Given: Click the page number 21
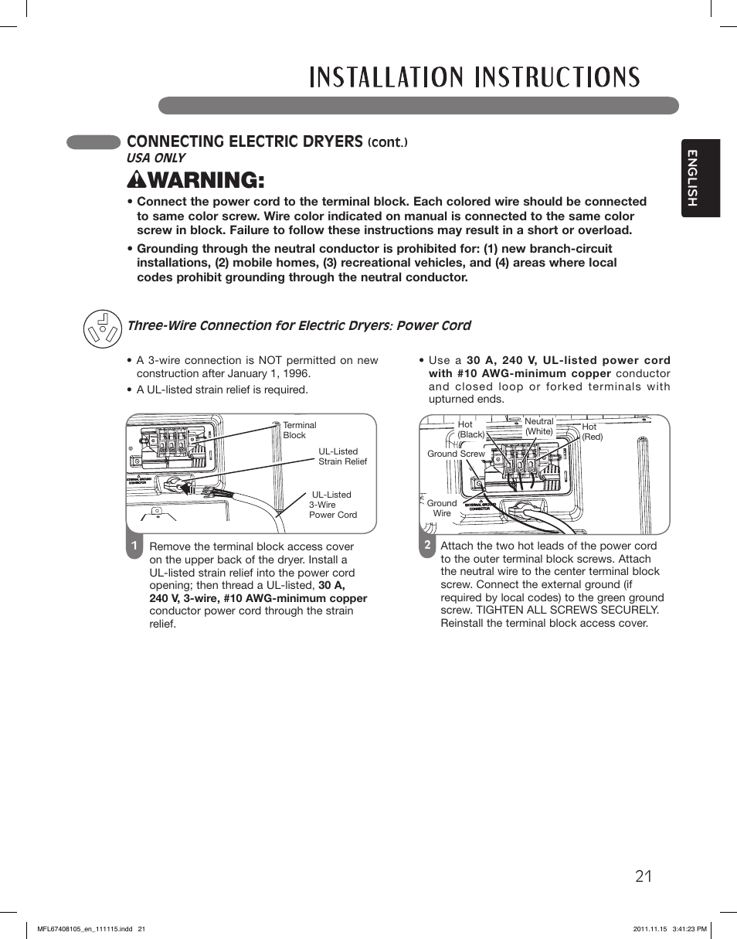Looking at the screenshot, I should pyautogui.click(x=644, y=876).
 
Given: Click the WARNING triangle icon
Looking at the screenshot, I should pyautogui.click(x=134, y=180).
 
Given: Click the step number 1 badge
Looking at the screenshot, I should pyautogui.click(x=134, y=546).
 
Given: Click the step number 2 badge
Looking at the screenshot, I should pyautogui.click(x=426, y=545).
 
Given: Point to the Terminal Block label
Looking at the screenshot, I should pyautogui.click(x=299, y=430).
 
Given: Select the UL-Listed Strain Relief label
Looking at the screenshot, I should pyautogui.click(x=342, y=457).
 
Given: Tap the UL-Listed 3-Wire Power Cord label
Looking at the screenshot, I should pyautogui.click(x=333, y=505).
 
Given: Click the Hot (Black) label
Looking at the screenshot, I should pyautogui.click(x=470, y=430).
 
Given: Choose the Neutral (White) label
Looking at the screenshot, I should pyautogui.click(x=539, y=427).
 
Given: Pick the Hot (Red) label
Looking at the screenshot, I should pyautogui.click(x=591, y=431).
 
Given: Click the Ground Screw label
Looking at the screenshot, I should pyautogui.click(x=456, y=454).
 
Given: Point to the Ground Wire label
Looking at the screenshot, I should pyautogui.click(x=442, y=508).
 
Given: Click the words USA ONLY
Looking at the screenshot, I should pyautogui.click(x=156, y=158).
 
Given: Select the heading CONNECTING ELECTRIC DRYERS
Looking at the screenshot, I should pyautogui.click(x=244, y=141).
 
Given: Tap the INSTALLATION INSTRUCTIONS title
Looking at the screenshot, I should pyautogui.click(x=474, y=77).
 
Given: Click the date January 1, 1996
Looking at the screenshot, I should pyautogui.click(x=267, y=373).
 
